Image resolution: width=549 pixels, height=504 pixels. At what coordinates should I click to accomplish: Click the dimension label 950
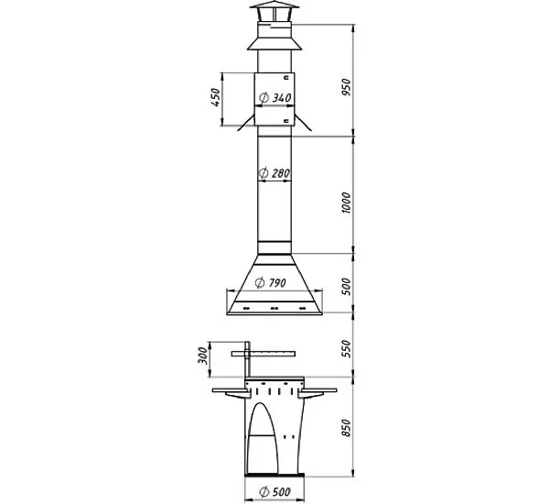[x=346, y=87]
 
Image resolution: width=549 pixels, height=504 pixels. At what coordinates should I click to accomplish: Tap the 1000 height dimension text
[x=346, y=203]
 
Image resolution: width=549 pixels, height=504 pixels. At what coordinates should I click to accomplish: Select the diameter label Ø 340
[x=275, y=98]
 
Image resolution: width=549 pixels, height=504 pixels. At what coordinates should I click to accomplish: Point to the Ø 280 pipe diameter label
[x=274, y=173]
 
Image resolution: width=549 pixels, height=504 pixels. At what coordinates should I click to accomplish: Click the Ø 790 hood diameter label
[x=270, y=282]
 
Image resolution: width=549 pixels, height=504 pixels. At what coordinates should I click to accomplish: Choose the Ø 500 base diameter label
[x=275, y=492]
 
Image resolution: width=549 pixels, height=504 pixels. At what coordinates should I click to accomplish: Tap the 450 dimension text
[x=216, y=97]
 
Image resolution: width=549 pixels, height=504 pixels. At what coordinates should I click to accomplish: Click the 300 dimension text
[x=203, y=356]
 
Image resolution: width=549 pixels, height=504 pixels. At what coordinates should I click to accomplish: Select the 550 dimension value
[x=346, y=348]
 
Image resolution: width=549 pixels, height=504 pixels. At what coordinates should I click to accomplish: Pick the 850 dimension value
[x=346, y=428]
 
